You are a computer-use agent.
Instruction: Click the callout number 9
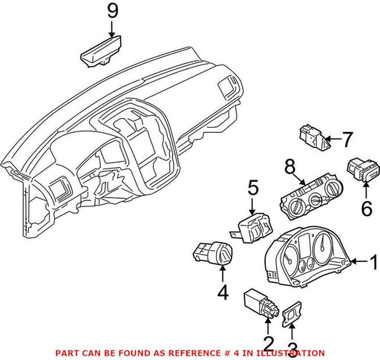(113, 11)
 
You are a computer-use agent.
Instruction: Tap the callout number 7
(347, 140)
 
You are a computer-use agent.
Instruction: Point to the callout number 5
(253, 187)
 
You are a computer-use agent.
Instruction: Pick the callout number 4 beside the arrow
(223, 292)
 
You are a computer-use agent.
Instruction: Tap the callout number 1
(374, 262)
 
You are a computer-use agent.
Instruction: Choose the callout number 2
(268, 344)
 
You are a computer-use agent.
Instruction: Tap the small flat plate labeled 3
(292, 314)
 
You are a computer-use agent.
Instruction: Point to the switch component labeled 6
(363, 170)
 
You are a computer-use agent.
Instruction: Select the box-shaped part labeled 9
(101, 51)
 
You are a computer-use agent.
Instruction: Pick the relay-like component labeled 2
(262, 304)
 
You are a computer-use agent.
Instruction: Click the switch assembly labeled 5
(252, 228)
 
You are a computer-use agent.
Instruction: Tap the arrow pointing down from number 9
(112, 29)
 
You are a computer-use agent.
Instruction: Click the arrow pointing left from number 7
(332, 140)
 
